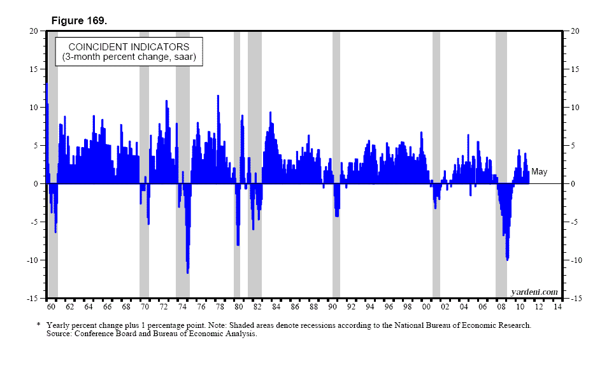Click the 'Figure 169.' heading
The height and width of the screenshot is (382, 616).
point(80,21)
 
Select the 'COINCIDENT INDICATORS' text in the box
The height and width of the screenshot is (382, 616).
point(129,47)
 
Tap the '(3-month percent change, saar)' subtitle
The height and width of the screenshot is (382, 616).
point(129,57)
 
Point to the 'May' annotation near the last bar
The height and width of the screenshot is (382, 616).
point(539,172)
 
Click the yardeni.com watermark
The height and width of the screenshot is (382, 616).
point(534,292)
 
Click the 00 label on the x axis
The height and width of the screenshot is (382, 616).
point(426,307)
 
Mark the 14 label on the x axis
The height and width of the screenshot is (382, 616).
point(557,307)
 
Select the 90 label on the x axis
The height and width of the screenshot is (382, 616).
point(333,307)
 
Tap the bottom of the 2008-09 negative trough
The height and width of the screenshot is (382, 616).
point(507,260)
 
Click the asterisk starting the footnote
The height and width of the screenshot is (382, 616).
point(39,325)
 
